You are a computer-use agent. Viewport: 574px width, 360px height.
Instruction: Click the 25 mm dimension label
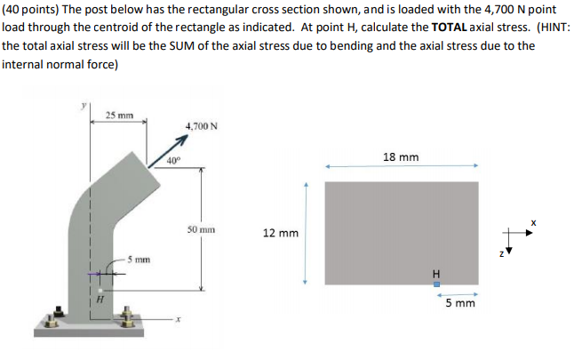tap(119, 116)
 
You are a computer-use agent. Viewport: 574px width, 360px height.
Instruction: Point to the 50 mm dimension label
tap(201, 228)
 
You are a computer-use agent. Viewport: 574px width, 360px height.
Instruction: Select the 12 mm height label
tap(281, 234)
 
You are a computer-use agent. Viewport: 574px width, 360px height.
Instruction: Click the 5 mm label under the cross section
tap(459, 303)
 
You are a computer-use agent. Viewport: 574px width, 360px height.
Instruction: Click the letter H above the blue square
tap(435, 272)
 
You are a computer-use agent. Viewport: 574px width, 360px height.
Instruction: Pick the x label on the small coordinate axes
tap(534, 220)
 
